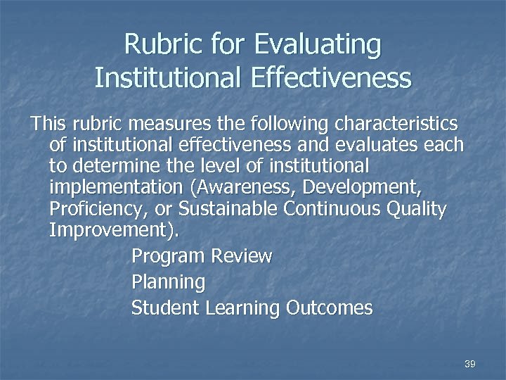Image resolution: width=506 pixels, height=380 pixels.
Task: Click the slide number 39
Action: coord(470,364)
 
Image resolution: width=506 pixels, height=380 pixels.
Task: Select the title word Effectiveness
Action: coord(327,77)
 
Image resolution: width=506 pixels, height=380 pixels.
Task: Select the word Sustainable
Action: coord(229,210)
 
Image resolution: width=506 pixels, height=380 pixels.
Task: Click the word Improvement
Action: coord(112,231)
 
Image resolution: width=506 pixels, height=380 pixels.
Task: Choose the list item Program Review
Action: coord(201,256)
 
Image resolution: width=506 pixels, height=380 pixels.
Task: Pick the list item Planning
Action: coord(168,283)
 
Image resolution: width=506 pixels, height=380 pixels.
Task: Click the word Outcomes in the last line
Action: coord(328,308)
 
